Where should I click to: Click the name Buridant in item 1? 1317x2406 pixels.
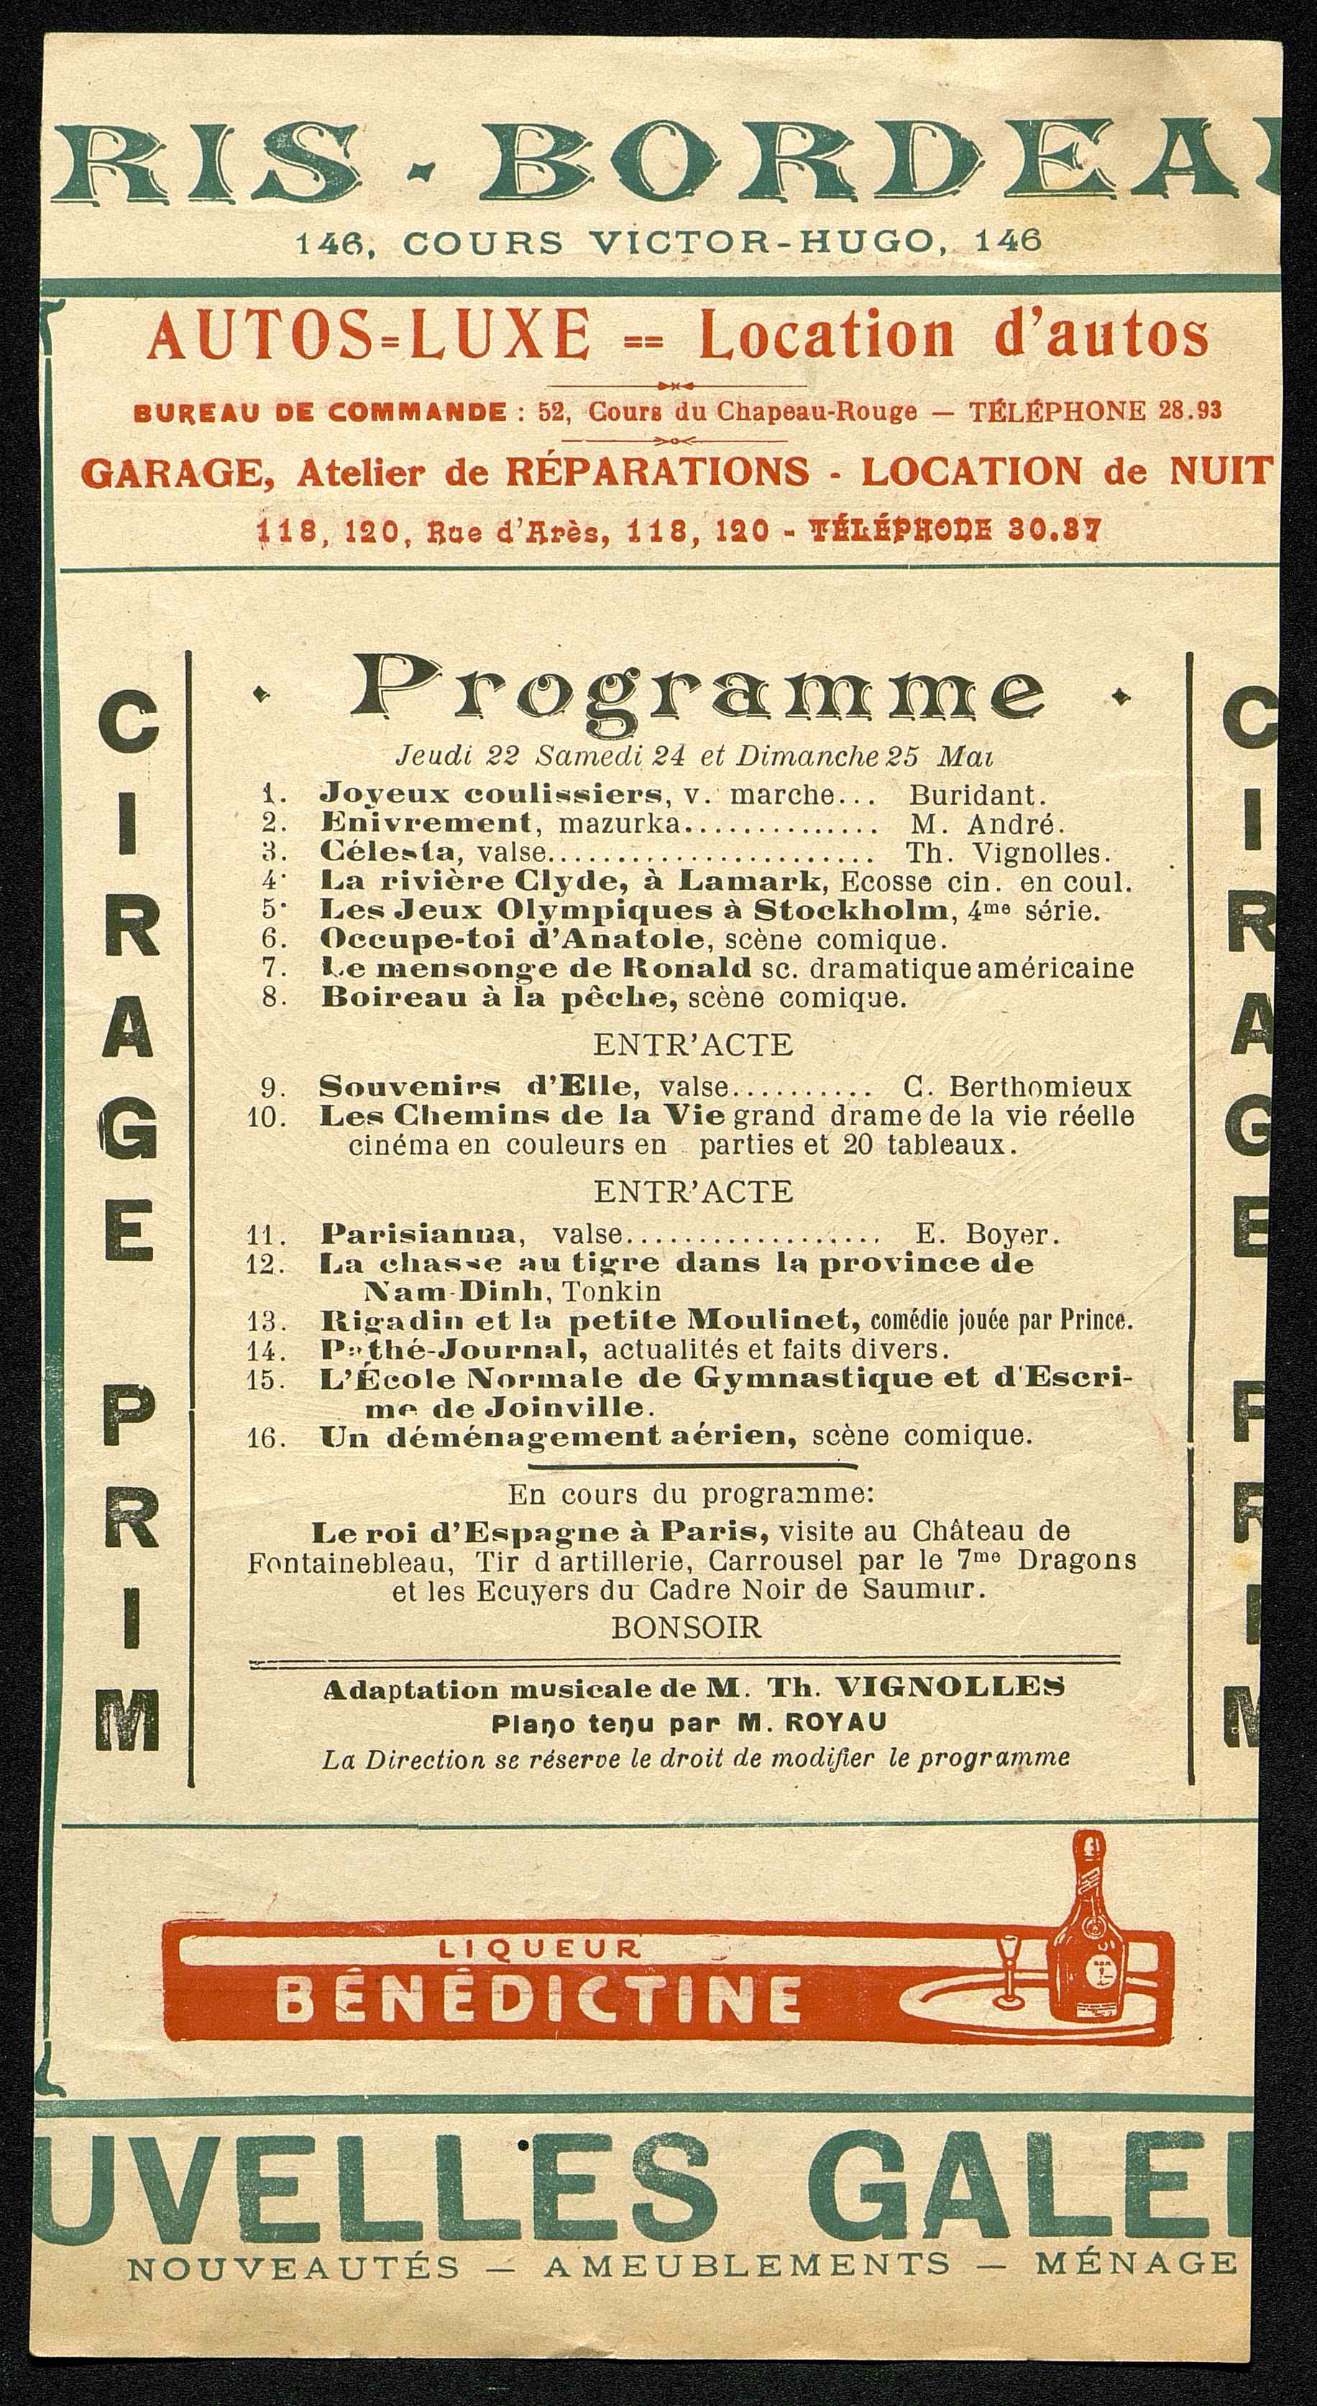pos(977,795)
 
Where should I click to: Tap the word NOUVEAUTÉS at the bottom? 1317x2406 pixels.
pos(293,2365)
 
